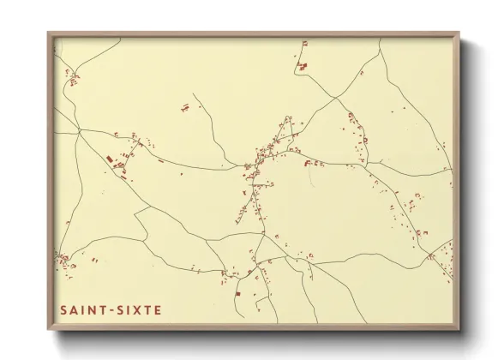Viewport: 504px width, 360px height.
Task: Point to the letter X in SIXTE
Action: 135,309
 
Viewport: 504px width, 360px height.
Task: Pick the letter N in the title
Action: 91,309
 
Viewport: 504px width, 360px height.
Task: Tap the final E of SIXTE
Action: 157,309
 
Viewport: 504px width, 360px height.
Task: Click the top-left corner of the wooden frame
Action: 49,33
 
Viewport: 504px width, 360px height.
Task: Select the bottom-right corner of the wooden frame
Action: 459,329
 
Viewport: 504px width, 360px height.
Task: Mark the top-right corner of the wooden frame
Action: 459,33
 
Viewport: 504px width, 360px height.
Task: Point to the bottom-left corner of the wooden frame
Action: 49,329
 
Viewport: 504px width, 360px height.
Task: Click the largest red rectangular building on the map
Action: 110,159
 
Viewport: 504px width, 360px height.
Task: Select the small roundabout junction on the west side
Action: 79,130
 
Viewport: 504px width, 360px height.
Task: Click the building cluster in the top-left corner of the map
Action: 73,80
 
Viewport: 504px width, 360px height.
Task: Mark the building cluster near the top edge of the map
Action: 302,63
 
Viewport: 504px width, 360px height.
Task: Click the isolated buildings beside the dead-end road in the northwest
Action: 185,108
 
